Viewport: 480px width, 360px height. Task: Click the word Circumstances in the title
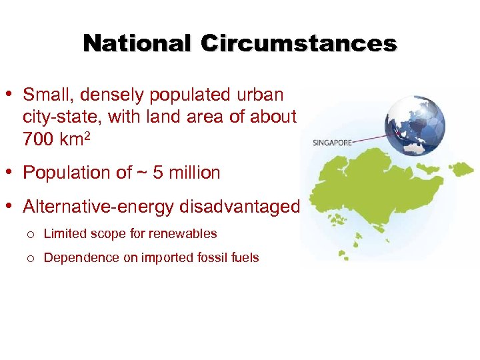(299, 43)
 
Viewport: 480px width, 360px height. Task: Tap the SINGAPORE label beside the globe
(332, 142)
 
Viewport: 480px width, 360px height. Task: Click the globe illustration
(414, 125)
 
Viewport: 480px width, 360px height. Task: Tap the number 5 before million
(157, 173)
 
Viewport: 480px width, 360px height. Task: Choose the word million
(194, 173)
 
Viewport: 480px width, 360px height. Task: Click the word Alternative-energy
(99, 207)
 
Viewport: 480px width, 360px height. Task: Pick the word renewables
(187, 234)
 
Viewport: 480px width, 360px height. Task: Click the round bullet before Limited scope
(30, 235)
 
